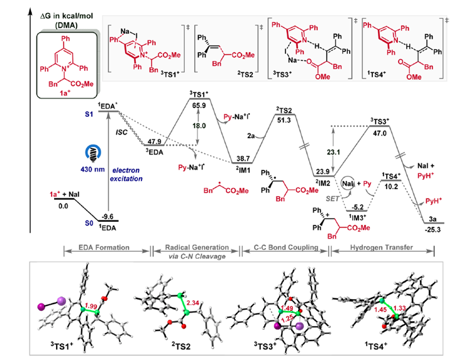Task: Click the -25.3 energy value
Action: pos(434,231)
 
